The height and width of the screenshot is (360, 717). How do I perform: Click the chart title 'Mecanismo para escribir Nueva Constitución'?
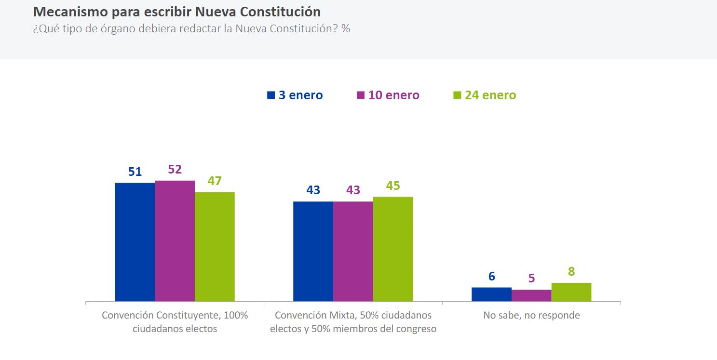[176, 12]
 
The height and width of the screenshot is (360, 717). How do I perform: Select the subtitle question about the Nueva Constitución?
[191, 28]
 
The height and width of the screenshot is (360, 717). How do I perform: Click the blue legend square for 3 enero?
[271, 95]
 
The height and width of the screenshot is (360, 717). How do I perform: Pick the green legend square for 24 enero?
[457, 95]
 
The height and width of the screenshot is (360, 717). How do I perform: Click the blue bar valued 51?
[135, 242]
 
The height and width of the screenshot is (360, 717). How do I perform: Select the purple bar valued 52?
[175, 241]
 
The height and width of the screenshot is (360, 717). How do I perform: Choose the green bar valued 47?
[215, 247]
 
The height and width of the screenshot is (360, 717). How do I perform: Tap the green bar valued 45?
[393, 249]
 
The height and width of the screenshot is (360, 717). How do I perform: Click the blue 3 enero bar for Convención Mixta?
[313, 251]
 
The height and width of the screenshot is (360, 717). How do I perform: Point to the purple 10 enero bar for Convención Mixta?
[353, 251]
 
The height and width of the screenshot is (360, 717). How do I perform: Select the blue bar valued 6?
[491, 294]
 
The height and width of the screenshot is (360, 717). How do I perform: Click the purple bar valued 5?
[531, 295]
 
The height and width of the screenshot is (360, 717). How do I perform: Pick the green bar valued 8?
[571, 292]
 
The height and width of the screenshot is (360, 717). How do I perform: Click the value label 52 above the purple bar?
[175, 170]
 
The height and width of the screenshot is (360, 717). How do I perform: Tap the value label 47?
[215, 181]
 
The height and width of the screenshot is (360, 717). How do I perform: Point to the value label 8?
[571, 272]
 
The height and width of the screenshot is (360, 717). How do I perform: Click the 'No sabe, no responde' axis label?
[531, 316]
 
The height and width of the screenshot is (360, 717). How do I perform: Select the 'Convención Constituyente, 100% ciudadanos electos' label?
[175, 322]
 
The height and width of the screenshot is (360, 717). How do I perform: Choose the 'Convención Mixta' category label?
[353, 322]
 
